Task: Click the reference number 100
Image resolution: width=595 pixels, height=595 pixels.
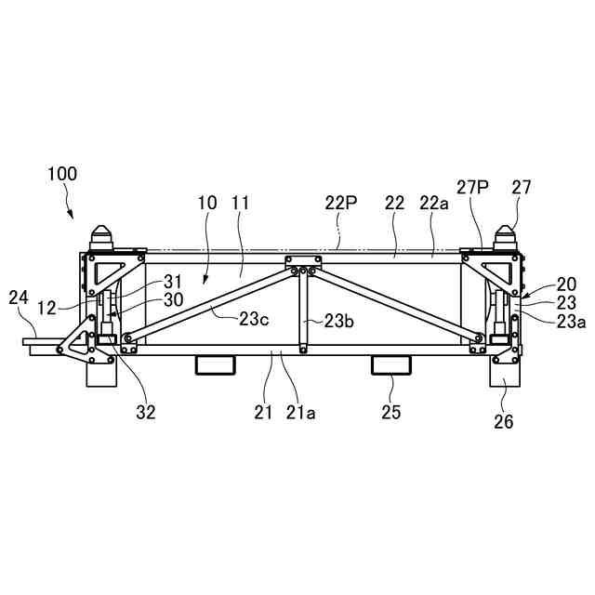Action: (x=62, y=174)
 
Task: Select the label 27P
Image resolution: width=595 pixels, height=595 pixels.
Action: (x=471, y=187)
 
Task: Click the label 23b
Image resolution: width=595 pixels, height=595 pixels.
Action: (x=338, y=321)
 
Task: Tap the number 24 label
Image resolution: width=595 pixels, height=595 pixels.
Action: (x=18, y=297)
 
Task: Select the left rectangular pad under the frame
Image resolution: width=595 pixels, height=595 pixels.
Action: (x=214, y=364)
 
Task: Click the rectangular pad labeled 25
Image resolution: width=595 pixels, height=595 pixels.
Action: (x=390, y=364)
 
